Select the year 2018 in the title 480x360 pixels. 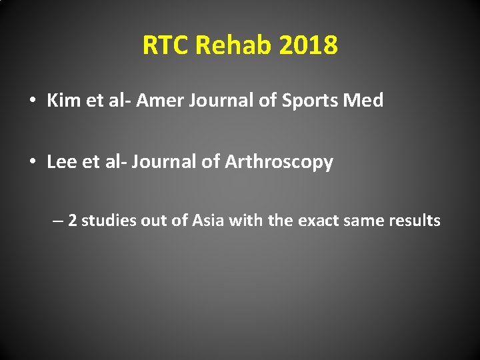click(x=309, y=46)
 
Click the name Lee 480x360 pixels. click(x=62, y=162)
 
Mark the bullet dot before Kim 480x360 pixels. click(x=32, y=101)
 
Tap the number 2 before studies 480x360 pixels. click(x=72, y=221)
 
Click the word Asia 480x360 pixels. click(x=209, y=221)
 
